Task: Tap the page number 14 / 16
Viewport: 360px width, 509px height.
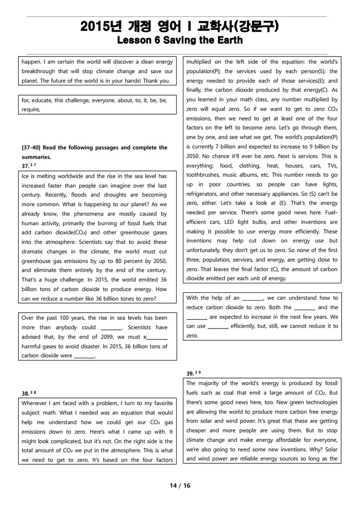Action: click(x=180, y=485)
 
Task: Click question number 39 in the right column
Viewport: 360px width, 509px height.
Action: click(x=190, y=373)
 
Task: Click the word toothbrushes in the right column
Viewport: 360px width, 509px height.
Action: click(x=204, y=175)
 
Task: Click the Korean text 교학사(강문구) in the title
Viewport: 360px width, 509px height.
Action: click(x=241, y=26)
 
